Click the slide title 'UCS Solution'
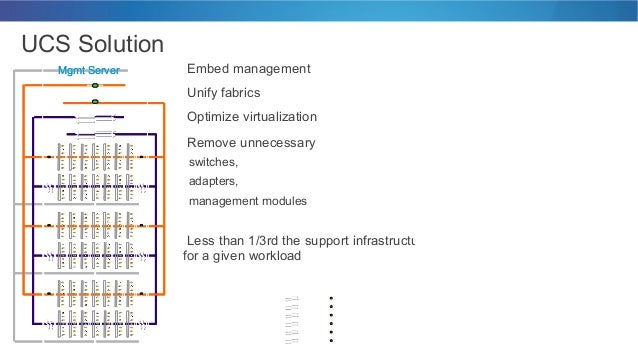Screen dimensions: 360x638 pyautogui.click(x=93, y=44)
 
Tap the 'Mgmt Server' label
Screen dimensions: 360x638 pyautogui.click(x=88, y=71)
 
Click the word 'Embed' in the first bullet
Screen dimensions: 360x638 pyautogui.click(x=208, y=69)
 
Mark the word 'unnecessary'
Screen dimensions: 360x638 pyautogui.click(x=281, y=143)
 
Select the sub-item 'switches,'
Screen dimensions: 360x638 pyautogui.click(x=214, y=162)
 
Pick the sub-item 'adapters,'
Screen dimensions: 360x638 pyautogui.click(x=214, y=181)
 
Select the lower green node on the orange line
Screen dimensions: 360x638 pyautogui.click(x=95, y=102)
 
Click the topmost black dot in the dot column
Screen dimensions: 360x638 pyautogui.click(x=329, y=298)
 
